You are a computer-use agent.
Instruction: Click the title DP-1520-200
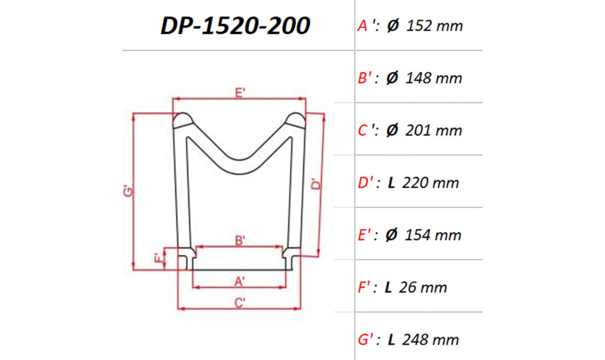click(235, 25)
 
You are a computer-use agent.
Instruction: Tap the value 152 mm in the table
click(434, 26)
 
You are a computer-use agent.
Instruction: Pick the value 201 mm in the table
click(433, 130)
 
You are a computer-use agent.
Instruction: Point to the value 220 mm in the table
click(431, 183)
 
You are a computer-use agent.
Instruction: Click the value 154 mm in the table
click(433, 235)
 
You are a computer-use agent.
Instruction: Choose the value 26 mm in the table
click(425, 287)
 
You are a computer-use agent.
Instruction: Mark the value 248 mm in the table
click(431, 340)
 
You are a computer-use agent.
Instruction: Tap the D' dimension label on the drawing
click(314, 185)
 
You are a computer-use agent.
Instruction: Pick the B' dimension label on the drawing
click(241, 241)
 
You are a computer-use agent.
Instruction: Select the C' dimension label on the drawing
click(241, 302)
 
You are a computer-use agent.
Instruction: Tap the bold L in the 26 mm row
click(389, 287)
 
